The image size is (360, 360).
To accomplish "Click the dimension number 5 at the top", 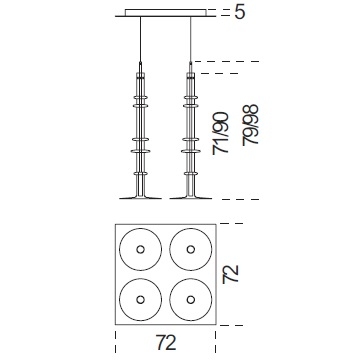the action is click(240, 12).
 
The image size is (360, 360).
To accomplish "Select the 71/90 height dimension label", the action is click(221, 133).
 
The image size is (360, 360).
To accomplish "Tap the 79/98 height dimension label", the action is click(251, 125).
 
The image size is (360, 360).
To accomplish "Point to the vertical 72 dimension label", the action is click(231, 274).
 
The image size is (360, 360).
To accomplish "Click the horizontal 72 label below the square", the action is click(166, 342).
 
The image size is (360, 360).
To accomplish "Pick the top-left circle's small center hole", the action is click(140, 249).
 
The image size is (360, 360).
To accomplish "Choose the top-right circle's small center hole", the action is click(191, 249).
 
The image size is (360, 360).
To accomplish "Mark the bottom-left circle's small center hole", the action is click(140, 300).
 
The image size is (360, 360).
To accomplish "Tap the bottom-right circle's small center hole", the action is click(191, 300).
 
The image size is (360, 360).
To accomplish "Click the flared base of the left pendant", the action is click(140, 197).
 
